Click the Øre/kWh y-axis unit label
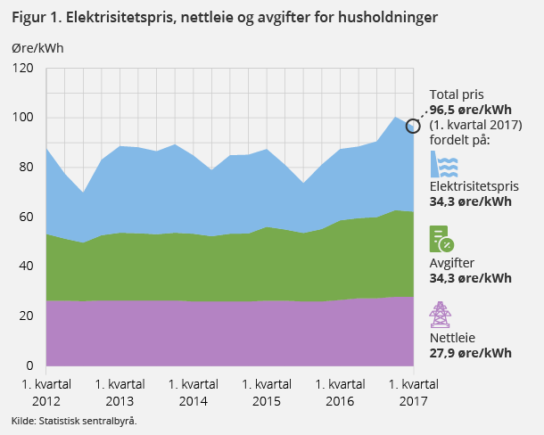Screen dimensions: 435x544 pyautogui.click(x=37, y=48)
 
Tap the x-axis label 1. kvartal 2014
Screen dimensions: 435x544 pyautogui.click(x=193, y=392)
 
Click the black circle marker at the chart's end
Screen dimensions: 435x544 pyautogui.click(x=413, y=126)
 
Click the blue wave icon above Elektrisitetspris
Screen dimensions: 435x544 pyautogui.click(x=444, y=165)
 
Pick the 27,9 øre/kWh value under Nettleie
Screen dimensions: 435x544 pyautogui.click(x=470, y=353)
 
